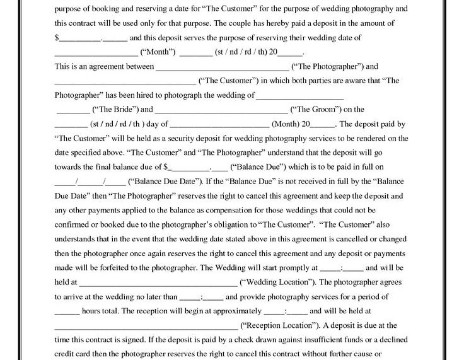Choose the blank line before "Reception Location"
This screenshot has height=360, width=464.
point(146,327)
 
